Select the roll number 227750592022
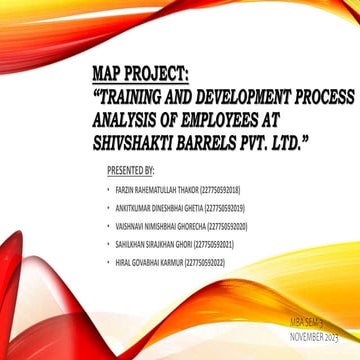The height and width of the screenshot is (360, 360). coord(205,262)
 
